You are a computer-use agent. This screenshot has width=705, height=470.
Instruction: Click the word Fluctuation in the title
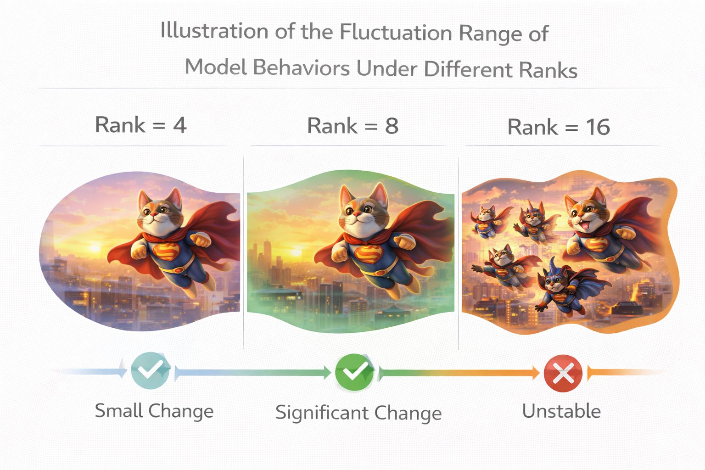[x=396, y=33]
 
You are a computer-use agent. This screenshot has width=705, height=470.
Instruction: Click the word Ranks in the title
[x=548, y=70]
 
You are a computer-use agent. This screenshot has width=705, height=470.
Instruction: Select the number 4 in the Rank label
[x=180, y=125]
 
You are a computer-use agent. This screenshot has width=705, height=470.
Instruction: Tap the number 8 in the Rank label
[x=392, y=126]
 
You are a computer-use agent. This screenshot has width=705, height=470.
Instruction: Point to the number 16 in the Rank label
[x=598, y=127]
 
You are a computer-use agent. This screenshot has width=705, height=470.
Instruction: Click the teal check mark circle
[x=151, y=370]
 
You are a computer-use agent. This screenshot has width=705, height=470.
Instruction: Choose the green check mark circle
[x=355, y=372]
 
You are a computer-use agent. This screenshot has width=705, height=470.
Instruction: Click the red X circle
[x=563, y=373]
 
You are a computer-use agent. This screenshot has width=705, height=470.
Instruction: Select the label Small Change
[x=154, y=411]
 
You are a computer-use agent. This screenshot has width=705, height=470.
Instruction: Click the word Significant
[x=322, y=413]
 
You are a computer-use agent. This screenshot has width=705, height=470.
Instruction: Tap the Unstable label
[x=561, y=411]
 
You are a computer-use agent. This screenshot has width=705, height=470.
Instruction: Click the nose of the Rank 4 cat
[x=153, y=214]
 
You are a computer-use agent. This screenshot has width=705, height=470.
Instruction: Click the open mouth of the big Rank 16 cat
[x=593, y=225]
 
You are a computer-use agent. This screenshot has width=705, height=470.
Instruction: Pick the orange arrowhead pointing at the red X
[x=536, y=373]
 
